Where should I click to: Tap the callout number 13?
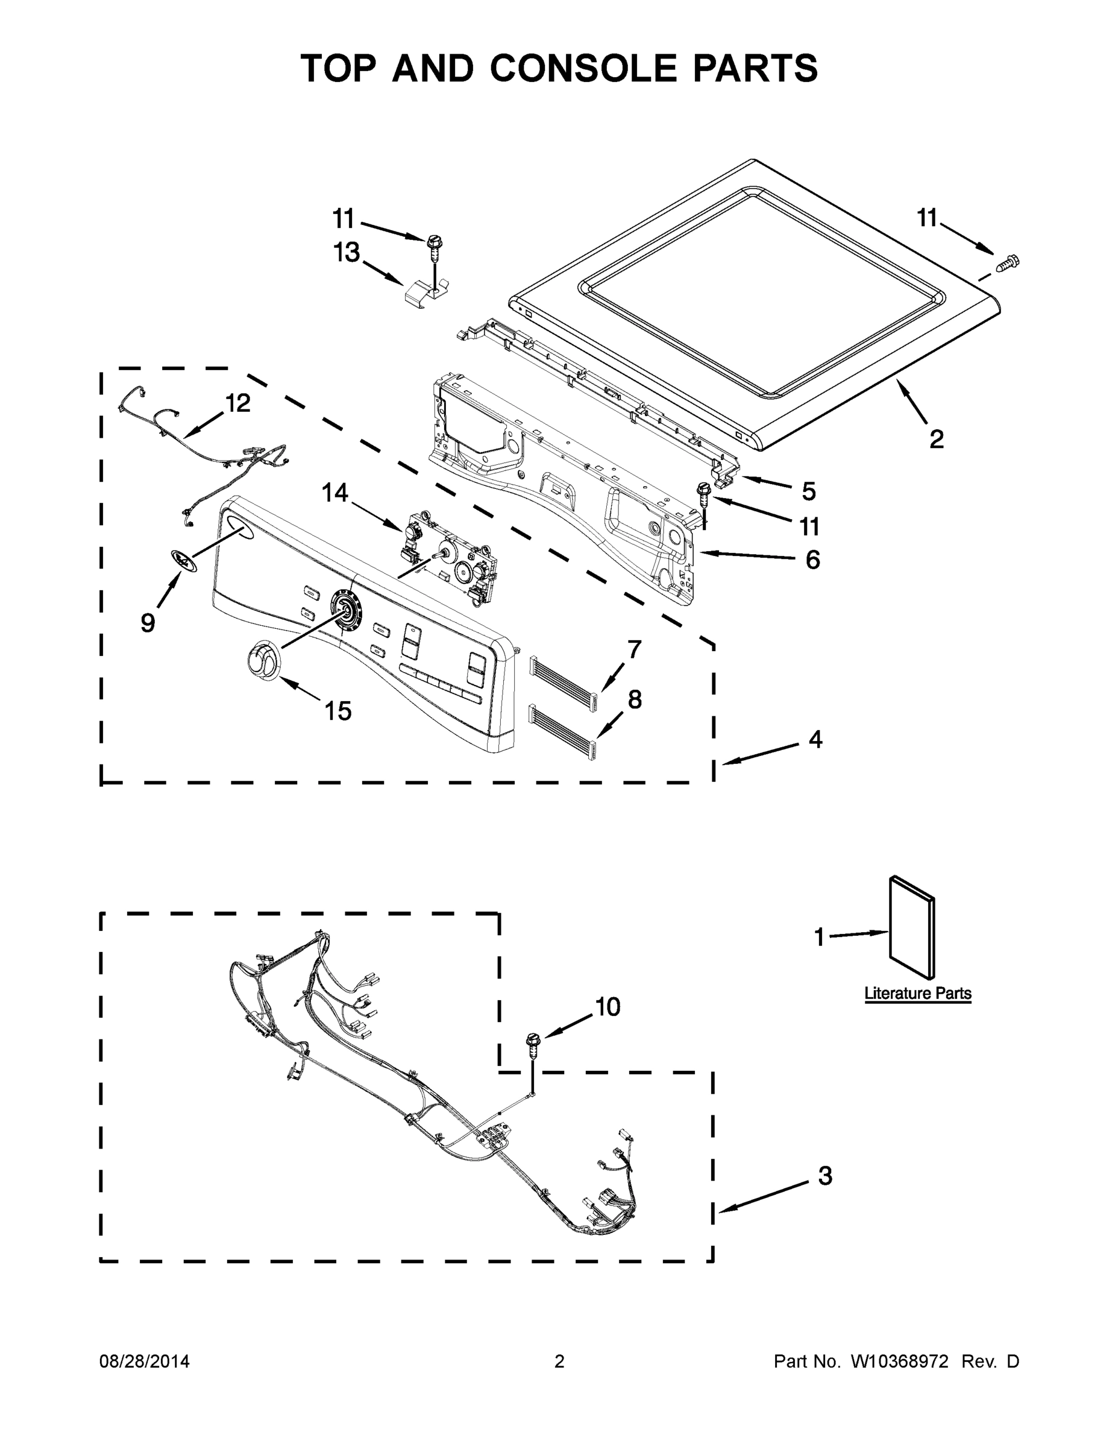click(347, 253)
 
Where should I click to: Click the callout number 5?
click(809, 491)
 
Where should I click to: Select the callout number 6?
click(812, 560)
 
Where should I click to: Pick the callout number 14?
click(335, 493)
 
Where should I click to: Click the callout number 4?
click(815, 739)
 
